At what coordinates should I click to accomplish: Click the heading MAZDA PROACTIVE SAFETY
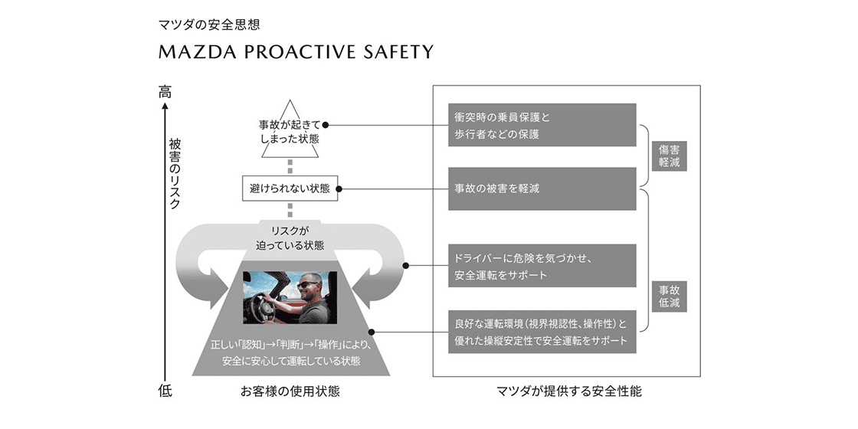(x=296, y=52)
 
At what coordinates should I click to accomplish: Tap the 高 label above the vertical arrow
(x=165, y=92)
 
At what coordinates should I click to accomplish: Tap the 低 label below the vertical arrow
(x=165, y=391)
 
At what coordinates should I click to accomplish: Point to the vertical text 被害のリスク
(x=175, y=174)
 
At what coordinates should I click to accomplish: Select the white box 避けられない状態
(x=290, y=188)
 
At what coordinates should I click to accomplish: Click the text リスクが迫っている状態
(x=290, y=238)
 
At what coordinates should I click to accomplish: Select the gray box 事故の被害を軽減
(x=542, y=188)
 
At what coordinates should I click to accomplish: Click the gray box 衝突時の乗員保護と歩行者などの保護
(x=542, y=125)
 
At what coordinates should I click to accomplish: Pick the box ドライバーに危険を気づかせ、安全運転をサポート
(x=542, y=265)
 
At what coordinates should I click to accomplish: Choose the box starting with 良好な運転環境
(x=542, y=332)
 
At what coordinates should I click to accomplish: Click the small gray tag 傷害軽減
(x=669, y=156)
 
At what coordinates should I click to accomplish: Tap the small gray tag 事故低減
(x=669, y=296)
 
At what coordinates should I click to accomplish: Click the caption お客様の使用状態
(x=290, y=391)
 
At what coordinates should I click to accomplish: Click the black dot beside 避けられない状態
(x=339, y=188)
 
